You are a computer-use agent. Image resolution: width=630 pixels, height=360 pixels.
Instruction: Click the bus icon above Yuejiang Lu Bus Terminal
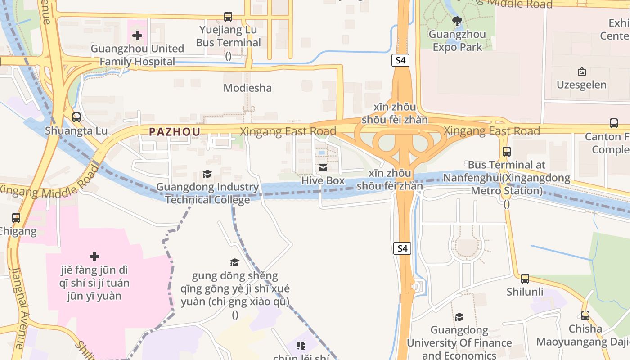pyautogui.click(x=228, y=17)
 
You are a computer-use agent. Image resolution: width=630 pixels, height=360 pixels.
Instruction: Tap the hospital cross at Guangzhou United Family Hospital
pyautogui.click(x=137, y=35)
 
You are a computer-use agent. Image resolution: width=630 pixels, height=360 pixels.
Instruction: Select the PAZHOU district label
pyautogui.click(x=175, y=131)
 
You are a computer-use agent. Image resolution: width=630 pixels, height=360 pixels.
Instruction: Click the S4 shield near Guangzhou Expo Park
pyautogui.click(x=400, y=60)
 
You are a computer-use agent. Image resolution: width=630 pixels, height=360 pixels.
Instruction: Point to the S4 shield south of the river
pyautogui.click(x=402, y=248)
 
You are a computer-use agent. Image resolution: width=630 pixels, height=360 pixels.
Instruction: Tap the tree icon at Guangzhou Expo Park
pyautogui.click(x=457, y=21)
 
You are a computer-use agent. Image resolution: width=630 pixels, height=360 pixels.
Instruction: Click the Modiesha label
pyautogui.click(x=247, y=88)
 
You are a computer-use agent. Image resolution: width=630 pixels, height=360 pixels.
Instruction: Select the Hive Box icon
pyautogui.click(x=323, y=168)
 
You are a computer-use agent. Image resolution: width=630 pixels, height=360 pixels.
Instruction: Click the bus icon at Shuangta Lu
pyautogui.click(x=76, y=117)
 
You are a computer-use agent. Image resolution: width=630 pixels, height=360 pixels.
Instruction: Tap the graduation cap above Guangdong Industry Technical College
pyautogui.click(x=207, y=174)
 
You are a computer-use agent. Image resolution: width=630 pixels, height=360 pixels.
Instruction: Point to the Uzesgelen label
pyautogui.click(x=581, y=85)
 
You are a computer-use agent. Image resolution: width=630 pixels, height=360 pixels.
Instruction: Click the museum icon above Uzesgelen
pyautogui.click(x=581, y=71)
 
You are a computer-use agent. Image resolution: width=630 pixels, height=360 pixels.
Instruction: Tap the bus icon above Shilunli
pyautogui.click(x=525, y=279)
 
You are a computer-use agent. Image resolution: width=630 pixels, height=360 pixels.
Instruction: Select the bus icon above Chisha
pyautogui.click(x=585, y=315)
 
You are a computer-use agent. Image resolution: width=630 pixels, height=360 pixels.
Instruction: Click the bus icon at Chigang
pyautogui.click(x=16, y=218)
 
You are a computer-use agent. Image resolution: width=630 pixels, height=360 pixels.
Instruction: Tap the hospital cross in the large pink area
pyautogui.click(x=94, y=256)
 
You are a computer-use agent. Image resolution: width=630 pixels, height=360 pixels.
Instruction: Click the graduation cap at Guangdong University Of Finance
pyautogui.click(x=459, y=317)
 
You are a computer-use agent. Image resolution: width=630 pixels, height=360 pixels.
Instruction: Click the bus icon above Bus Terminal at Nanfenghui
pyautogui.click(x=507, y=152)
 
